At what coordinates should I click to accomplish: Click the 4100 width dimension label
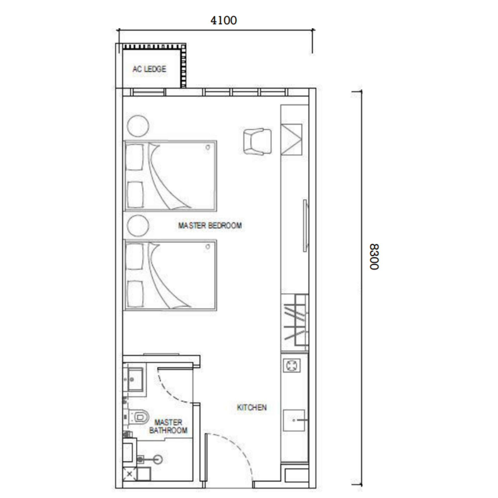(x=224, y=20)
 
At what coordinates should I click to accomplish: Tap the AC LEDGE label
(x=149, y=69)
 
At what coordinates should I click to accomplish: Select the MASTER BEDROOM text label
(x=210, y=226)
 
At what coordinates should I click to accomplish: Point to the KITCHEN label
(x=251, y=408)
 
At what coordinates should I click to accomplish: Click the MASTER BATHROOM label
(x=168, y=426)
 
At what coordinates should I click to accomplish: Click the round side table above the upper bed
(x=138, y=126)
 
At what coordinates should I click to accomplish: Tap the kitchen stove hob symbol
(x=292, y=365)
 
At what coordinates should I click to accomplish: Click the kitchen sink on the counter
(x=294, y=420)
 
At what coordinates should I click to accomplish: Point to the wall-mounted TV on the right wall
(x=305, y=226)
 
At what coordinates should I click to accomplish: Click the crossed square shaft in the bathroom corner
(x=129, y=474)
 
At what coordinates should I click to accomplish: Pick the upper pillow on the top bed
(x=134, y=157)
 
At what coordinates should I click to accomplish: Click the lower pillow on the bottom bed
(x=134, y=294)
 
